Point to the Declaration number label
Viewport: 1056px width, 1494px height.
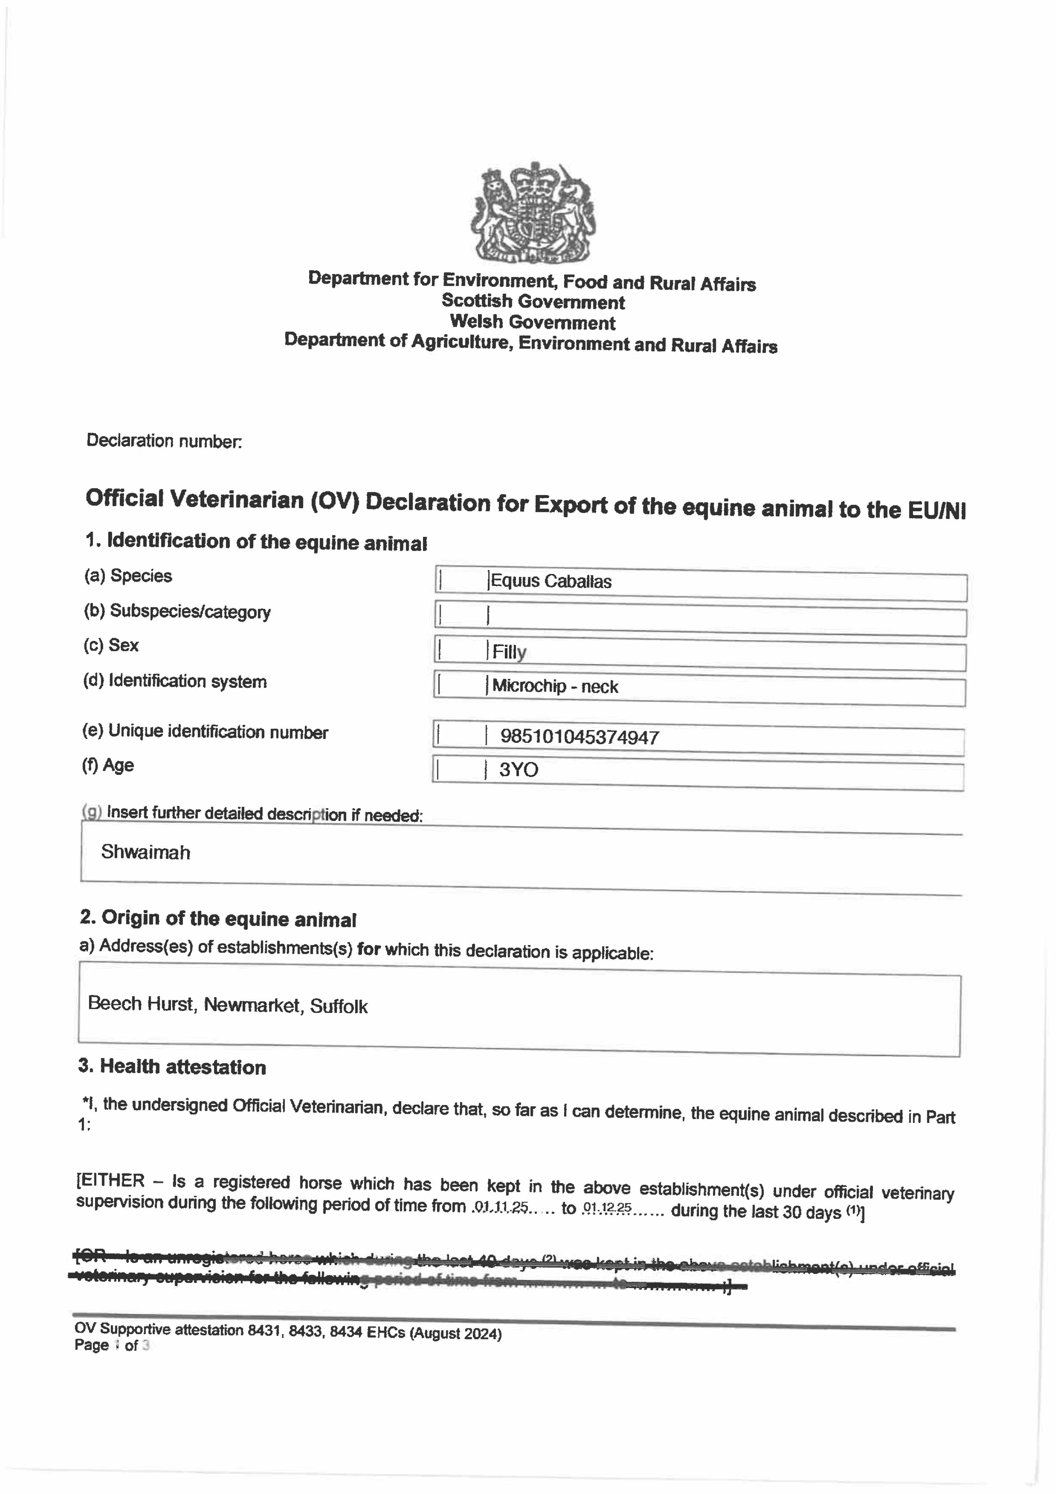164,441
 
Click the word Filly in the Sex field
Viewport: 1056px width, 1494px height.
509,652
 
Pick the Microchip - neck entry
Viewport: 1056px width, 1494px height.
555,686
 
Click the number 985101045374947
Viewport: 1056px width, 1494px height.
579,737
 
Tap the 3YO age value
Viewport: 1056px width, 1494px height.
519,770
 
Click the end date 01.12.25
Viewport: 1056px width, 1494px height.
607,1208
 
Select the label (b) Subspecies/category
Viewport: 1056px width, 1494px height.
177,612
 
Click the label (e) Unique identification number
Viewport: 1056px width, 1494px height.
205,732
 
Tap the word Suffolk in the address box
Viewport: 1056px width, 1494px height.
339,1007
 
